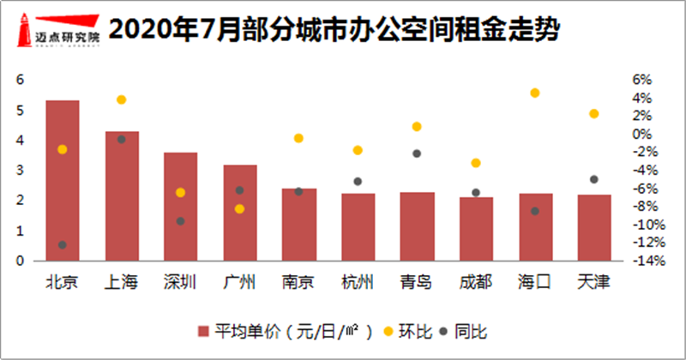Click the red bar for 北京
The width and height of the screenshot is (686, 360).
point(62,180)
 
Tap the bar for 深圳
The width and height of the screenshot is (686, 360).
point(180,206)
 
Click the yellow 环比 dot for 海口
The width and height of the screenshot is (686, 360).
point(535,93)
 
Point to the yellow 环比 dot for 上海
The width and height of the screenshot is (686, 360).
point(122,99)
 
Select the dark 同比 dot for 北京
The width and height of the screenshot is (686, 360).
point(62,245)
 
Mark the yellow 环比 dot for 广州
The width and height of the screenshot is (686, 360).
point(240,209)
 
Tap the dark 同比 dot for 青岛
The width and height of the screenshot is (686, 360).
point(417,153)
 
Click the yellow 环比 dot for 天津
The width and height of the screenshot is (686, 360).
point(594,114)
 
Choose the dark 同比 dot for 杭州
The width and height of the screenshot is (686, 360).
point(358,182)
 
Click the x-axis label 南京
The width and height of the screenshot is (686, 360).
point(298,282)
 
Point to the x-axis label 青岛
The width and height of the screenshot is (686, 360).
point(417,282)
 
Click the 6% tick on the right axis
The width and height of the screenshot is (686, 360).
point(642,80)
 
